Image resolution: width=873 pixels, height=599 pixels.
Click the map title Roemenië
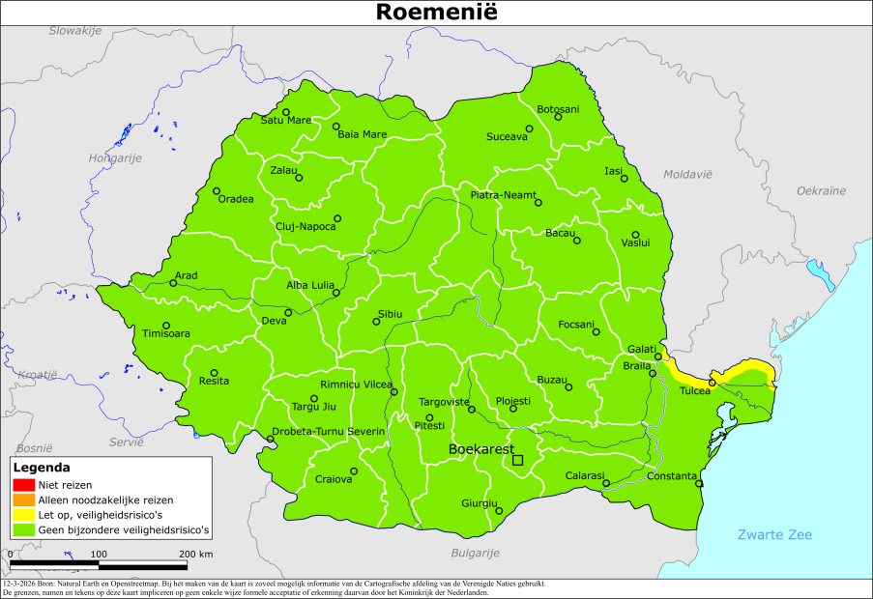[x=436, y=13]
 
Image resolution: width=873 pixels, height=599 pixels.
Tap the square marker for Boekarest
[x=517, y=461]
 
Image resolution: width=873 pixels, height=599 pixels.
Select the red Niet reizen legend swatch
[x=24, y=484]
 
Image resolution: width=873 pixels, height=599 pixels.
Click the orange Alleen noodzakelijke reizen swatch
[x=24, y=499]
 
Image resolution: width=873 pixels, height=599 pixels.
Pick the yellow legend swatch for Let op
[x=24, y=515]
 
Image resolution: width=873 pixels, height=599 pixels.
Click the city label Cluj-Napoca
[x=306, y=226]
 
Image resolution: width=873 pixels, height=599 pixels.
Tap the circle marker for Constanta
[x=699, y=483]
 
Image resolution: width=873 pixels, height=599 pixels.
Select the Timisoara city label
[x=165, y=334]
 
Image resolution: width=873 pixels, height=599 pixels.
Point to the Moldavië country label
[x=687, y=174]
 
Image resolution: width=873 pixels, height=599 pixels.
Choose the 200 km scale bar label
[x=196, y=554]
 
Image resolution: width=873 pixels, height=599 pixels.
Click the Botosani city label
[x=558, y=109]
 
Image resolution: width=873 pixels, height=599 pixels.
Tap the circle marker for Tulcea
[x=712, y=383]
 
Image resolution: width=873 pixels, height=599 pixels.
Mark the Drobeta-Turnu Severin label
[x=329, y=430]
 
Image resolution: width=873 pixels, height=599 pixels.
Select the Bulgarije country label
[x=475, y=553]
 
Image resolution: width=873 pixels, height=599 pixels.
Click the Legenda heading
[x=42, y=467]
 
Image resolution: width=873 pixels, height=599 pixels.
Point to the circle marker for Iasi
[x=625, y=179]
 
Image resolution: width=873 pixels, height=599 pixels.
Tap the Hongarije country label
[x=115, y=157]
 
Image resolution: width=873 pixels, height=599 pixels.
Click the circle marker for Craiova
[x=354, y=471]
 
